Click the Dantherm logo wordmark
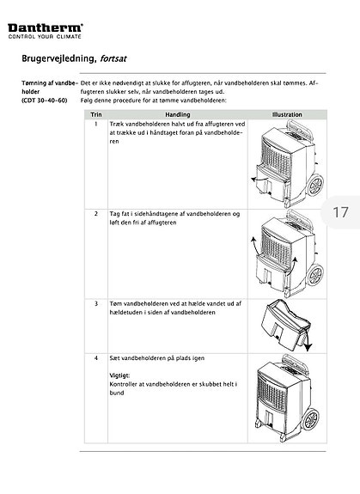(x=46, y=27)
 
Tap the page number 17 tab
(x=340, y=212)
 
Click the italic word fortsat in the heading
(x=113, y=58)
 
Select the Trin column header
(x=96, y=114)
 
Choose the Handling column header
(x=178, y=114)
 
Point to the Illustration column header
(x=287, y=114)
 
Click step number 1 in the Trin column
(x=96, y=124)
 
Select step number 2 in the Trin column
(x=96, y=214)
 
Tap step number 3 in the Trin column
(x=96, y=304)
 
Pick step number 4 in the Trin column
(x=96, y=358)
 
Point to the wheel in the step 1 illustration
(x=315, y=185)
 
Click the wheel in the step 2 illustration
(x=315, y=275)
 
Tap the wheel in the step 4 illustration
(x=310, y=419)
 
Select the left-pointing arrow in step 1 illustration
(x=259, y=180)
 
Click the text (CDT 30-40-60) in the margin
(x=45, y=101)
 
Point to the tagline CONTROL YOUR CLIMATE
(x=45, y=37)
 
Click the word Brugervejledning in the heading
(x=58, y=58)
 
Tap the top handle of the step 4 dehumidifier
(x=296, y=362)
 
